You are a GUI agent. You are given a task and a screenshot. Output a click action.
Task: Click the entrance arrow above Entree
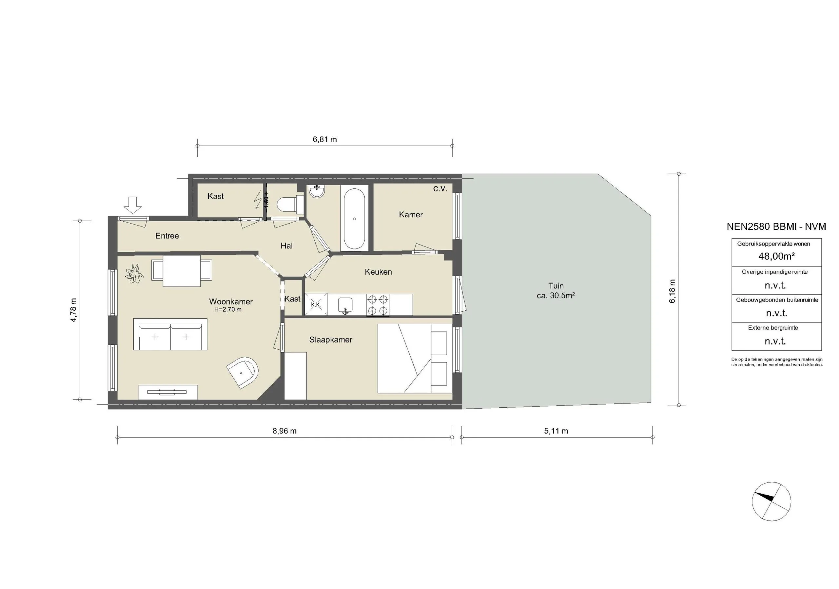click(x=133, y=205)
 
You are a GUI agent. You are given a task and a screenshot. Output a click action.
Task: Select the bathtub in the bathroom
click(x=354, y=219)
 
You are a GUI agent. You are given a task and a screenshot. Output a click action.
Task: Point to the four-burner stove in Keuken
click(x=378, y=305)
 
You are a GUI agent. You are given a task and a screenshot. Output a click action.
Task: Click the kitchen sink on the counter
click(x=345, y=304)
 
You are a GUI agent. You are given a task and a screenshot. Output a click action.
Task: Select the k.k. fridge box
click(x=316, y=305)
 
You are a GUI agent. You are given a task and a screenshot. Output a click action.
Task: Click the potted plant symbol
click(x=133, y=274)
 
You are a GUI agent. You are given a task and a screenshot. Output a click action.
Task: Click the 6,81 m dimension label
click(x=324, y=139)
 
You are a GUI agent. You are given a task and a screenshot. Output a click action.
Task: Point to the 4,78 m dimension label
click(x=73, y=310)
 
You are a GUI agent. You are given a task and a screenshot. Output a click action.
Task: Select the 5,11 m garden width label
click(x=556, y=431)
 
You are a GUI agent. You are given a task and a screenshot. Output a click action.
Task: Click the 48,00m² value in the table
click(x=776, y=256)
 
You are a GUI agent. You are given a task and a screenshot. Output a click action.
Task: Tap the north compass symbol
click(x=771, y=501)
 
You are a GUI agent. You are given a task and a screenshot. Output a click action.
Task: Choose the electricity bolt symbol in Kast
click(x=258, y=200)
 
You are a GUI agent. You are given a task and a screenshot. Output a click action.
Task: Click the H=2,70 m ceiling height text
click(x=228, y=309)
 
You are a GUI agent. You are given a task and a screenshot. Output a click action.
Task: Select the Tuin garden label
click(x=556, y=286)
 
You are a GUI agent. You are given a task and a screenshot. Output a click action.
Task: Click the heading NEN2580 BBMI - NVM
click(x=776, y=226)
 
